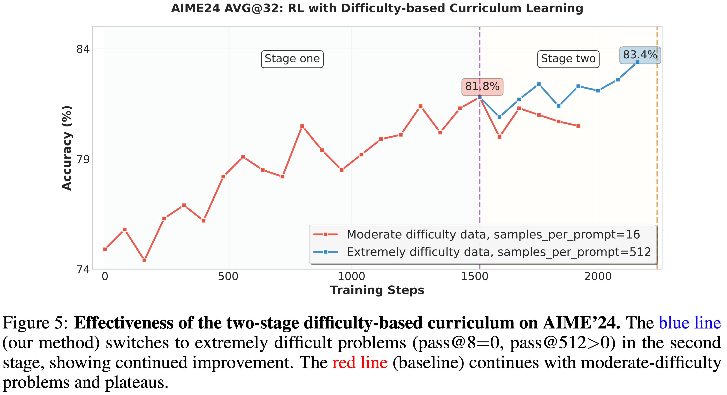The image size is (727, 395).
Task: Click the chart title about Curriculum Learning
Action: tap(377, 8)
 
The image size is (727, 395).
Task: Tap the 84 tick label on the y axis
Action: tap(83, 49)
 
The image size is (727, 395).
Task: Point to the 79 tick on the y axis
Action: tap(83, 159)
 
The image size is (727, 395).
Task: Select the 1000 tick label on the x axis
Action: tap(351, 277)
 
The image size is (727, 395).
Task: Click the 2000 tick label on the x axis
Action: tap(598, 277)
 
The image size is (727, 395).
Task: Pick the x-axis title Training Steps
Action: tap(377, 290)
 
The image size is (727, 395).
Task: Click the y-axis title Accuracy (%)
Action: tap(67, 148)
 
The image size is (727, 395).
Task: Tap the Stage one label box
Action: tap(292, 59)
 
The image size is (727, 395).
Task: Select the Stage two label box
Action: tap(568, 59)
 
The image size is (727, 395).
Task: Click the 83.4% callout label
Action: tap(640, 55)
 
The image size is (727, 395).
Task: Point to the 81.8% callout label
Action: tap(482, 87)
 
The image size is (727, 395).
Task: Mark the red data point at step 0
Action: tap(105, 249)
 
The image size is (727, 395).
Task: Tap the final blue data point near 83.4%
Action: tap(637, 62)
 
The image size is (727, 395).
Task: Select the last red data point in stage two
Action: tap(578, 126)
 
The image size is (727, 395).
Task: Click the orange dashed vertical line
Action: tap(657, 169)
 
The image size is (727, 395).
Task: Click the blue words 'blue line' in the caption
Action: tap(689, 323)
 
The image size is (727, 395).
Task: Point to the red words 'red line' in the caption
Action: tap(360, 363)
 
